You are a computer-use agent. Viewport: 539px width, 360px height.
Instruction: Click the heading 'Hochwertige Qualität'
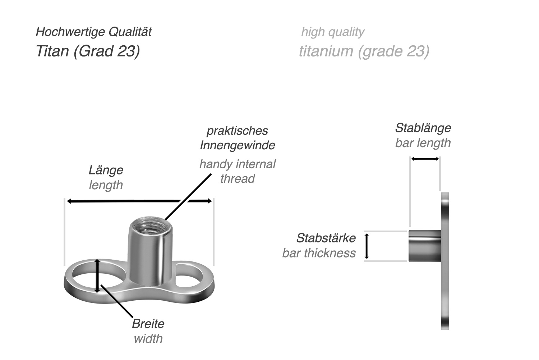[x=93, y=32]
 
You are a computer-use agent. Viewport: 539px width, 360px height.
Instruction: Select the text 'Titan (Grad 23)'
[x=88, y=51]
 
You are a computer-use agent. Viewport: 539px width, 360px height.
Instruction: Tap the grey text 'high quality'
[x=332, y=32]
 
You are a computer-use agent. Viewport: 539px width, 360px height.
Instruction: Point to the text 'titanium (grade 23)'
[x=364, y=51]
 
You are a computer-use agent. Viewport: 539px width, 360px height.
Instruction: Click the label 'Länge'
[x=106, y=170]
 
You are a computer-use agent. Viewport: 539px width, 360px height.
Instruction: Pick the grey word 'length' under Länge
[x=106, y=185]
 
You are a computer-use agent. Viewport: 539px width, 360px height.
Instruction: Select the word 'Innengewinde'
[x=237, y=145]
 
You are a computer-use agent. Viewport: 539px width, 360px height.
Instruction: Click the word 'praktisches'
[x=237, y=131]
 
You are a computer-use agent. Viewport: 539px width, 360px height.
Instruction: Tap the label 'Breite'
[x=148, y=324]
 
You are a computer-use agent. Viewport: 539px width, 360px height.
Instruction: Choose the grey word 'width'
[x=148, y=338]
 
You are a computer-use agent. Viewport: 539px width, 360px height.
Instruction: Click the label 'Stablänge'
[x=423, y=128]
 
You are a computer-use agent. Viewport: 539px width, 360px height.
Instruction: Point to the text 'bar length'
[x=423, y=143]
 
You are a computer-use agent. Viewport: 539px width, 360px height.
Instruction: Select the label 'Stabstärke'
[x=326, y=238]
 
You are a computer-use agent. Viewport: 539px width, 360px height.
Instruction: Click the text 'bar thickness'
[x=319, y=253]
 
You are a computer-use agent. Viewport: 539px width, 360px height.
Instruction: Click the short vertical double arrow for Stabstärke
[x=367, y=246]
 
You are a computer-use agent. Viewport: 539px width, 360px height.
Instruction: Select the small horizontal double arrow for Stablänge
[x=425, y=159]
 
